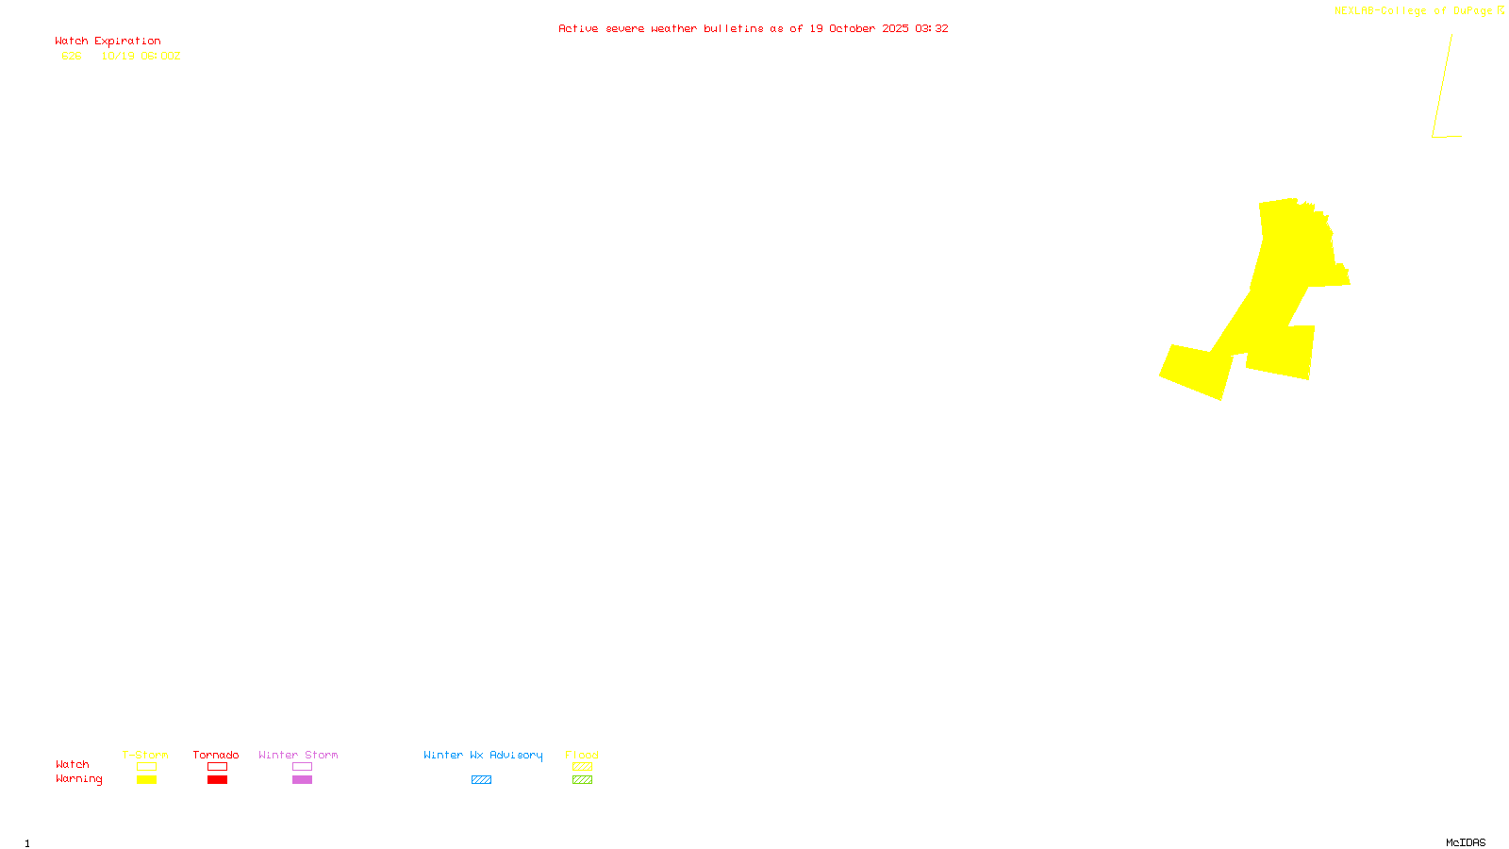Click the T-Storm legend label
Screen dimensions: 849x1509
point(145,755)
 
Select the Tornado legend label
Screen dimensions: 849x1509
point(216,755)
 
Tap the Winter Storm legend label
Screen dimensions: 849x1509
point(298,755)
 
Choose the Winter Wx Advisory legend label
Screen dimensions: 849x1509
point(483,755)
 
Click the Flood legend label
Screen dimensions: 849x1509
point(582,755)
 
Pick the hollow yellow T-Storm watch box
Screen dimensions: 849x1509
point(146,767)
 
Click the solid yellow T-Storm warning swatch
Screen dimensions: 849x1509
point(146,780)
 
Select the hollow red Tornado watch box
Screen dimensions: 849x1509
point(217,767)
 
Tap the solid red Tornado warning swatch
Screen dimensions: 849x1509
point(217,780)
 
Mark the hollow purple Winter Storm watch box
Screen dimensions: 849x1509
point(302,767)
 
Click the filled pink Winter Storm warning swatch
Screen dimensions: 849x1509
point(302,780)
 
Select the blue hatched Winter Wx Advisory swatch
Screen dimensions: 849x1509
point(481,780)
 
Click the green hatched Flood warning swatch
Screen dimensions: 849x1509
point(582,780)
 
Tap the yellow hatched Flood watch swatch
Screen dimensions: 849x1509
point(582,767)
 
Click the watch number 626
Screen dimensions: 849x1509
point(72,56)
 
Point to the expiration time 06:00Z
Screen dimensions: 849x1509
point(160,56)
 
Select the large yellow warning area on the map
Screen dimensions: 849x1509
point(1283,283)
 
